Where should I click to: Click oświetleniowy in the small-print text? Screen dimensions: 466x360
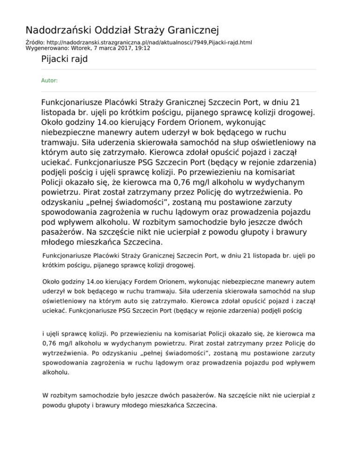coord(64,302)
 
